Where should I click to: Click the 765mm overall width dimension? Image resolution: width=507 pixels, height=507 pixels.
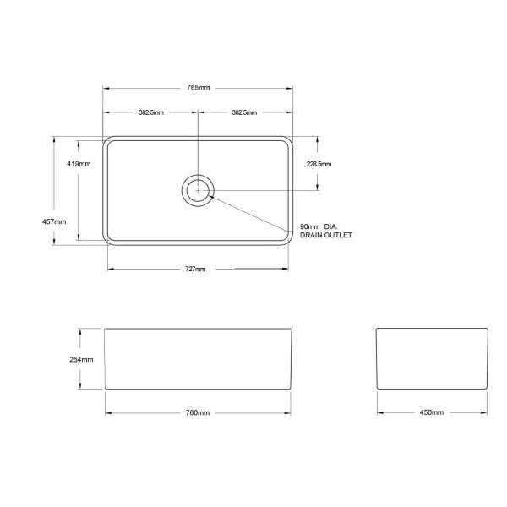click(x=200, y=88)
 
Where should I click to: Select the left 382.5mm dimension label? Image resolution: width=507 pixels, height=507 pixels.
click(x=151, y=112)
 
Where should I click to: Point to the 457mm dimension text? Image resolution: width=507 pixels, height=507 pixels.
click(x=53, y=221)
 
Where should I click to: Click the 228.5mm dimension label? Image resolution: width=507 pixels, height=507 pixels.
click(x=319, y=164)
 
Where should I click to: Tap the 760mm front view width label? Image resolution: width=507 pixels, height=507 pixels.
click(x=197, y=412)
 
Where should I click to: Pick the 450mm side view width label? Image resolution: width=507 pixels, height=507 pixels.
click(x=431, y=412)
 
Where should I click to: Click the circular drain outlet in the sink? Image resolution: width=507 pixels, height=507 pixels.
click(x=199, y=190)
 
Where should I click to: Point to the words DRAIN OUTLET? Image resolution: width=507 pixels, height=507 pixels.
click(x=325, y=237)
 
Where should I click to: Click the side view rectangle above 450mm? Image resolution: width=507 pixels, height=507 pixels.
click(x=431, y=357)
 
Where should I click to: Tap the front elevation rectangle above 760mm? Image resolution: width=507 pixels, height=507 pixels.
click(x=199, y=357)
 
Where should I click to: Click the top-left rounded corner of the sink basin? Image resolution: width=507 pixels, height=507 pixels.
click(x=108, y=142)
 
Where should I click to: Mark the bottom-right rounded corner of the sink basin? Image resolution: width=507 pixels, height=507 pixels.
click(x=289, y=241)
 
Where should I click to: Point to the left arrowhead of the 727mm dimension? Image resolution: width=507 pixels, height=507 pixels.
click(x=111, y=269)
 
